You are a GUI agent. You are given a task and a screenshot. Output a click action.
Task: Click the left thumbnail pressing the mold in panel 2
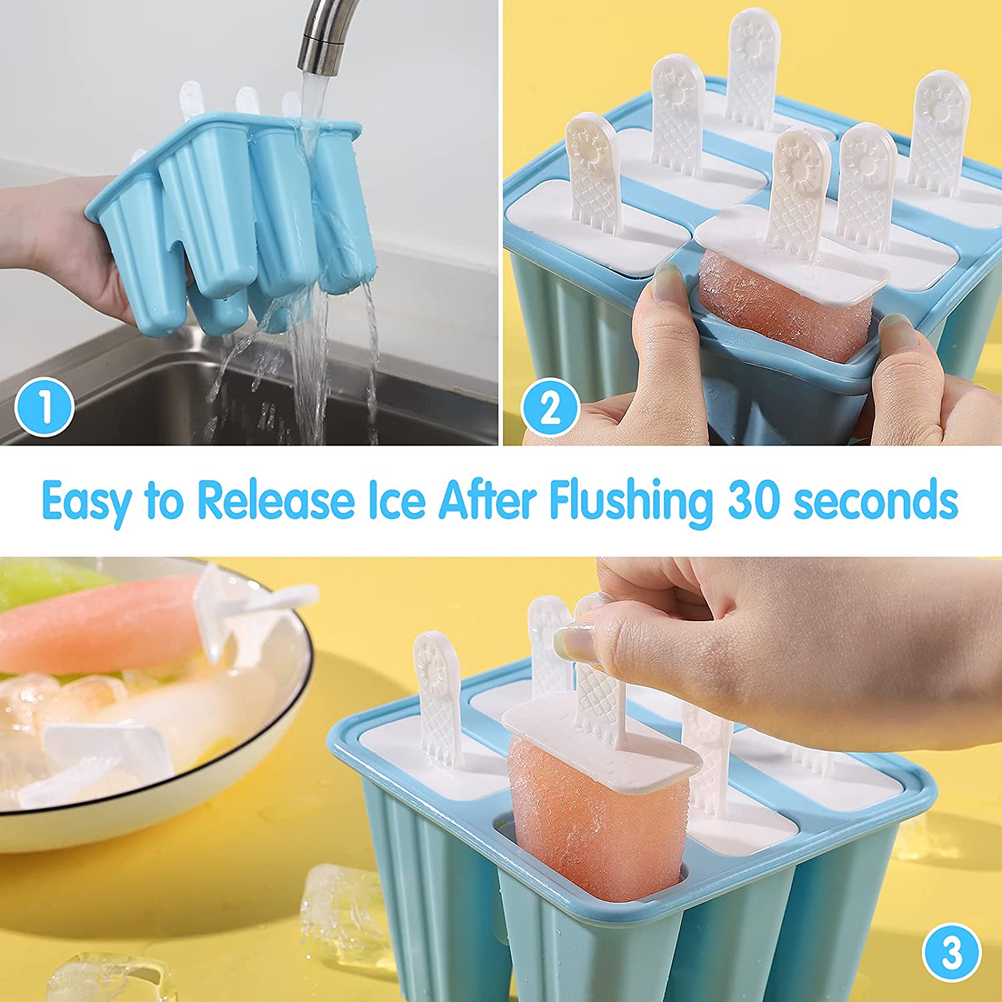668,281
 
